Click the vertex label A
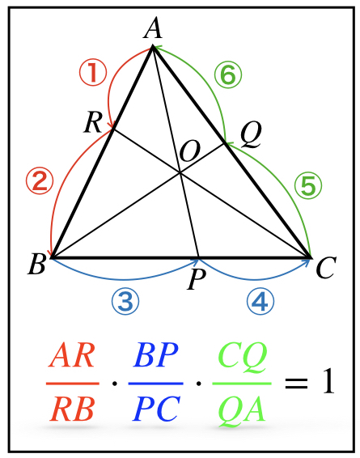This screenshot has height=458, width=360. tap(152, 28)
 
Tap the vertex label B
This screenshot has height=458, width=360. tap(36, 264)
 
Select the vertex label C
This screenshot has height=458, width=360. tap(326, 268)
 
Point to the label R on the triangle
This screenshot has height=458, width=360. tap(93, 123)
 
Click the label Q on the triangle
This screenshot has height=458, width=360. tap(251, 135)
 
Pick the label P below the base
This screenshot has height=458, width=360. tap(197, 279)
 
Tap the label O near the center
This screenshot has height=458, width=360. tap(190, 151)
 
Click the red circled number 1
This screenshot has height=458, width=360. tap(93, 73)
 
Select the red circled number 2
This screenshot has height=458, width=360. tap(40, 181)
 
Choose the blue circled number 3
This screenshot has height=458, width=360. tap(125, 302)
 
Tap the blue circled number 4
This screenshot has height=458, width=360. tap(260, 302)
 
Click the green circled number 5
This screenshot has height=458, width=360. tap(308, 185)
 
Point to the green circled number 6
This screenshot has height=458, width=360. tap(228, 74)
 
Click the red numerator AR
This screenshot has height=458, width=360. tap(72, 356)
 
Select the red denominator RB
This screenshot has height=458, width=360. tap(72, 409)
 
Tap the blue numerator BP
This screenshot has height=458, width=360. tap(155, 355)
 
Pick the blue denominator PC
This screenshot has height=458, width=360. tap(155, 409)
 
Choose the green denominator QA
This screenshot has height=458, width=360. tap(242, 411)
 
